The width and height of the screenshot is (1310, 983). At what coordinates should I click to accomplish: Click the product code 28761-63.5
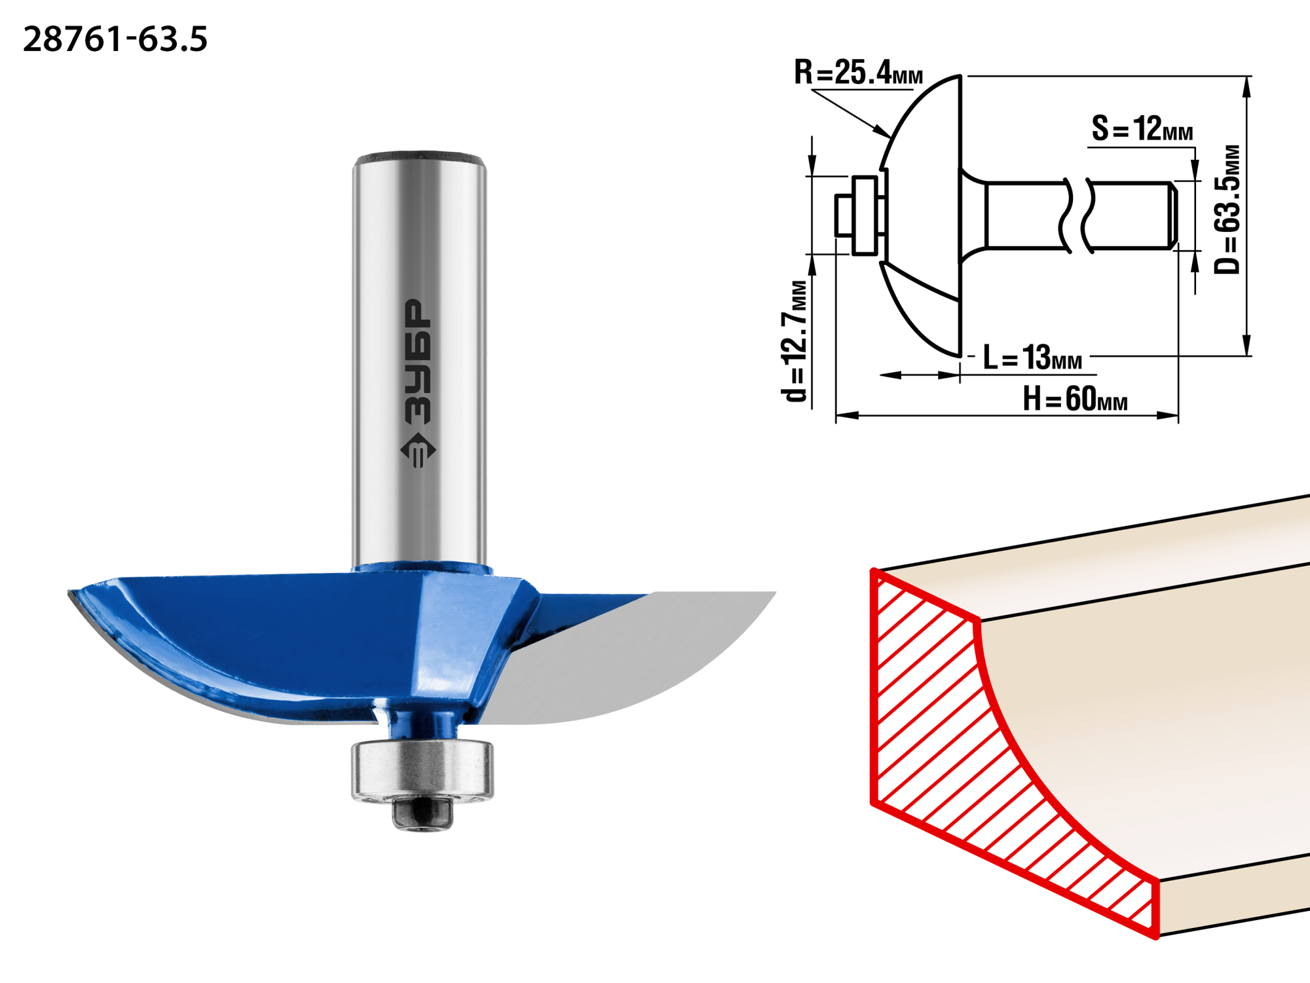click(115, 39)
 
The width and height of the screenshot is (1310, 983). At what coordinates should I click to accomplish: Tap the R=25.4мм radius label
click(858, 72)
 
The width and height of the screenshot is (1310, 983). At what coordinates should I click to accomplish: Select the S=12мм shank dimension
click(1142, 128)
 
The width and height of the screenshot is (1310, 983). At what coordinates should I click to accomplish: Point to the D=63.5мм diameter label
click(1227, 209)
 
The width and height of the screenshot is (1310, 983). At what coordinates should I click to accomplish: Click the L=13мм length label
click(1032, 358)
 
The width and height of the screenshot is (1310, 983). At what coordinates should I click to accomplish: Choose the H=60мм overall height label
click(1075, 398)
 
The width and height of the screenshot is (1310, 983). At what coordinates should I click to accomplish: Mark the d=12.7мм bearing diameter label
click(795, 341)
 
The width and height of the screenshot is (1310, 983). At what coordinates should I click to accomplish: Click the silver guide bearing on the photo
click(422, 770)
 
